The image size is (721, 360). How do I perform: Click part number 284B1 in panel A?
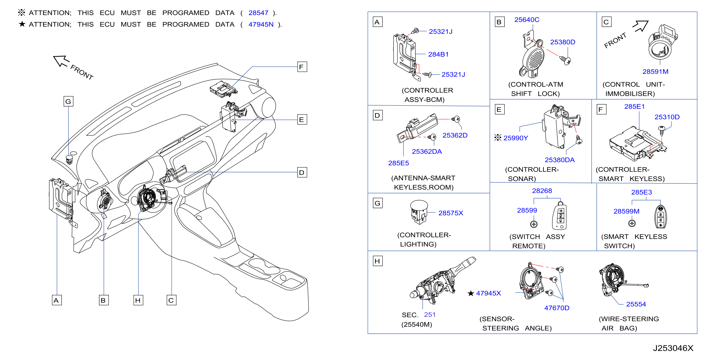coord(438,54)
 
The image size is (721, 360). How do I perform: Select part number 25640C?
coord(527,20)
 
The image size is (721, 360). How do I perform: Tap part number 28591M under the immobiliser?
coord(655,72)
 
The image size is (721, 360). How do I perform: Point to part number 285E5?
coord(398,163)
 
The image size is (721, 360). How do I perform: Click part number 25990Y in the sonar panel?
coord(516,138)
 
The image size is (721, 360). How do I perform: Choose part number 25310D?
coord(667,117)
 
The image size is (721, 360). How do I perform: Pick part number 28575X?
coord(451,213)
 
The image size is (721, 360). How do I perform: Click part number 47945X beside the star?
coord(488,293)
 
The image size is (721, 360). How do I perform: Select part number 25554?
coord(636,304)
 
